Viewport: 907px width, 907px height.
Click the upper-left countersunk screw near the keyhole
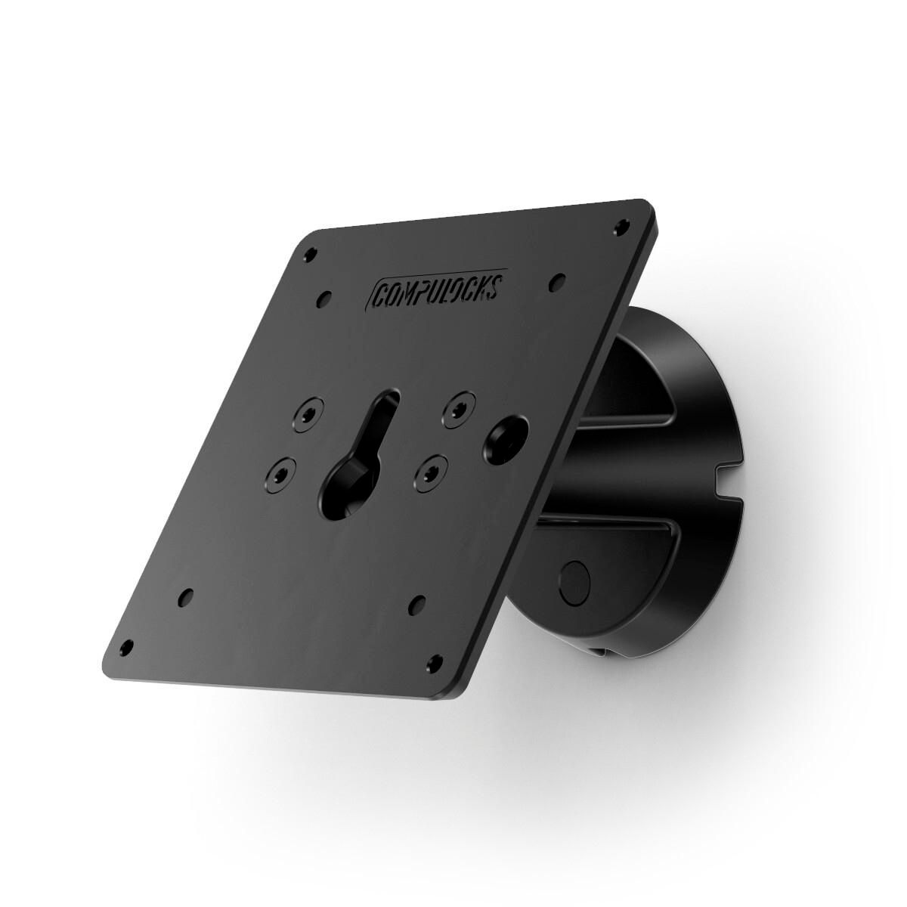308,415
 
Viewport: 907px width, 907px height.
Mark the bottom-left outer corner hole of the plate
127,648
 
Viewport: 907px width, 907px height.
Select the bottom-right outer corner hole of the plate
435,661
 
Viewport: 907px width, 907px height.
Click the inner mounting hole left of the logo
326,296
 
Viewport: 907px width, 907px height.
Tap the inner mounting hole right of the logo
558,280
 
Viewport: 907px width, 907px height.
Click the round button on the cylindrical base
575,580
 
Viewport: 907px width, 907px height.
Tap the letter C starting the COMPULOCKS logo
379,295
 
